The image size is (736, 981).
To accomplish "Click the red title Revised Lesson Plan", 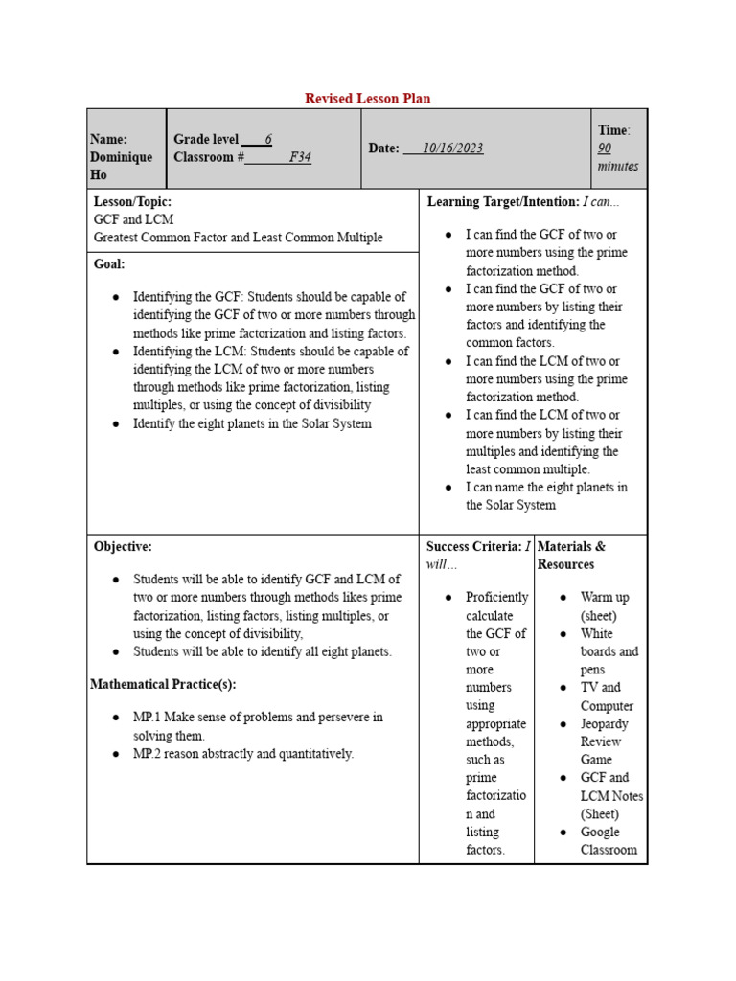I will pos(368,99).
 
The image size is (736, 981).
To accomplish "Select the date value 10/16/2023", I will pos(453,148).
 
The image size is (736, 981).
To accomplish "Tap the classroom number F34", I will pos(300,157).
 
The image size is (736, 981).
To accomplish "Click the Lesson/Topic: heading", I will pos(132,202).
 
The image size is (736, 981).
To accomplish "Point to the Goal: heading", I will pos(109,263).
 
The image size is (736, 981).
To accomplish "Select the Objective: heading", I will pos(123,546).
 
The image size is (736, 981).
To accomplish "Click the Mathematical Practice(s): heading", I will pos(163,684).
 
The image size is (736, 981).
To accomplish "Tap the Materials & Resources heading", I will pos(571,555).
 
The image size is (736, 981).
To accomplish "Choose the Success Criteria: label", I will pos(473,546).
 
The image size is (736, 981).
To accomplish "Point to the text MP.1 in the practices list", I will pos(148,718).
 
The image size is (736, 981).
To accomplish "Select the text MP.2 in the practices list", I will pos(148,754).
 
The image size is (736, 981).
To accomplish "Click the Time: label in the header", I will pos(613,130).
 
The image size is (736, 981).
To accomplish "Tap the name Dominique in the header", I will pos(121,157).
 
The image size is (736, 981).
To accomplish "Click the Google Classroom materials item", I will pos(609,841).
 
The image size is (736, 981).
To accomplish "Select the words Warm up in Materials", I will pos(605,597).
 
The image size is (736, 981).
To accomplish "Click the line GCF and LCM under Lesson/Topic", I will pos(134,219).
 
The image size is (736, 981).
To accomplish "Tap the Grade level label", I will pos(206,139).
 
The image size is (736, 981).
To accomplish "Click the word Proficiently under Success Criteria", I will pos(496,597).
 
